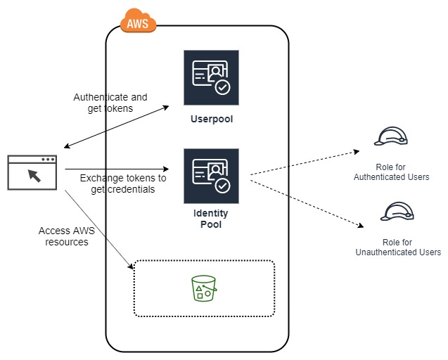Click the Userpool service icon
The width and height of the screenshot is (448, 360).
(x=211, y=78)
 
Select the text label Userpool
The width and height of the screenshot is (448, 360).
(x=211, y=119)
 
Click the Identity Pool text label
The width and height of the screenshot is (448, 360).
(x=210, y=219)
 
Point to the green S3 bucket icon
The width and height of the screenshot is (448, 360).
(x=203, y=288)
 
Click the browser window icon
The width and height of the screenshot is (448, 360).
(x=32, y=173)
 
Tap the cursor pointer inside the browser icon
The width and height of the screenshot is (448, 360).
(x=32, y=176)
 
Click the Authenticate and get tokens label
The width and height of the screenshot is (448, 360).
(x=110, y=103)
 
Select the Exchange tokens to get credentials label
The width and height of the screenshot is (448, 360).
(x=122, y=184)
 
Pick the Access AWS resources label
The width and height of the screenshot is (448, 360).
(x=63, y=236)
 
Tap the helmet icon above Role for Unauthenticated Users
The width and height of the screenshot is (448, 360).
(x=397, y=212)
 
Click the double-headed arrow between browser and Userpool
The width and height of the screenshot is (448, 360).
(x=116, y=127)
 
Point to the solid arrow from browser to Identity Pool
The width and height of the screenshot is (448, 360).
(x=117, y=169)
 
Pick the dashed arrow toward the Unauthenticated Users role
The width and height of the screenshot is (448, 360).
(x=306, y=202)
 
